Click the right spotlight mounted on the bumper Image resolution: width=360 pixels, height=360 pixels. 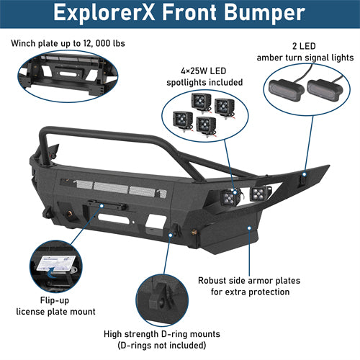click(x=256, y=194)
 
